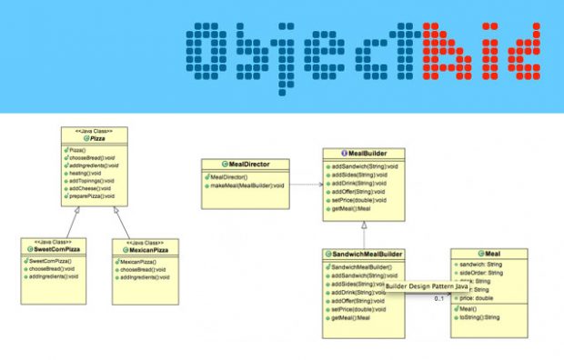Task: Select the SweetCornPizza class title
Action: point(56,248)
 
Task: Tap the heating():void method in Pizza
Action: point(86,172)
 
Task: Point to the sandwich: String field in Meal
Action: point(484,265)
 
